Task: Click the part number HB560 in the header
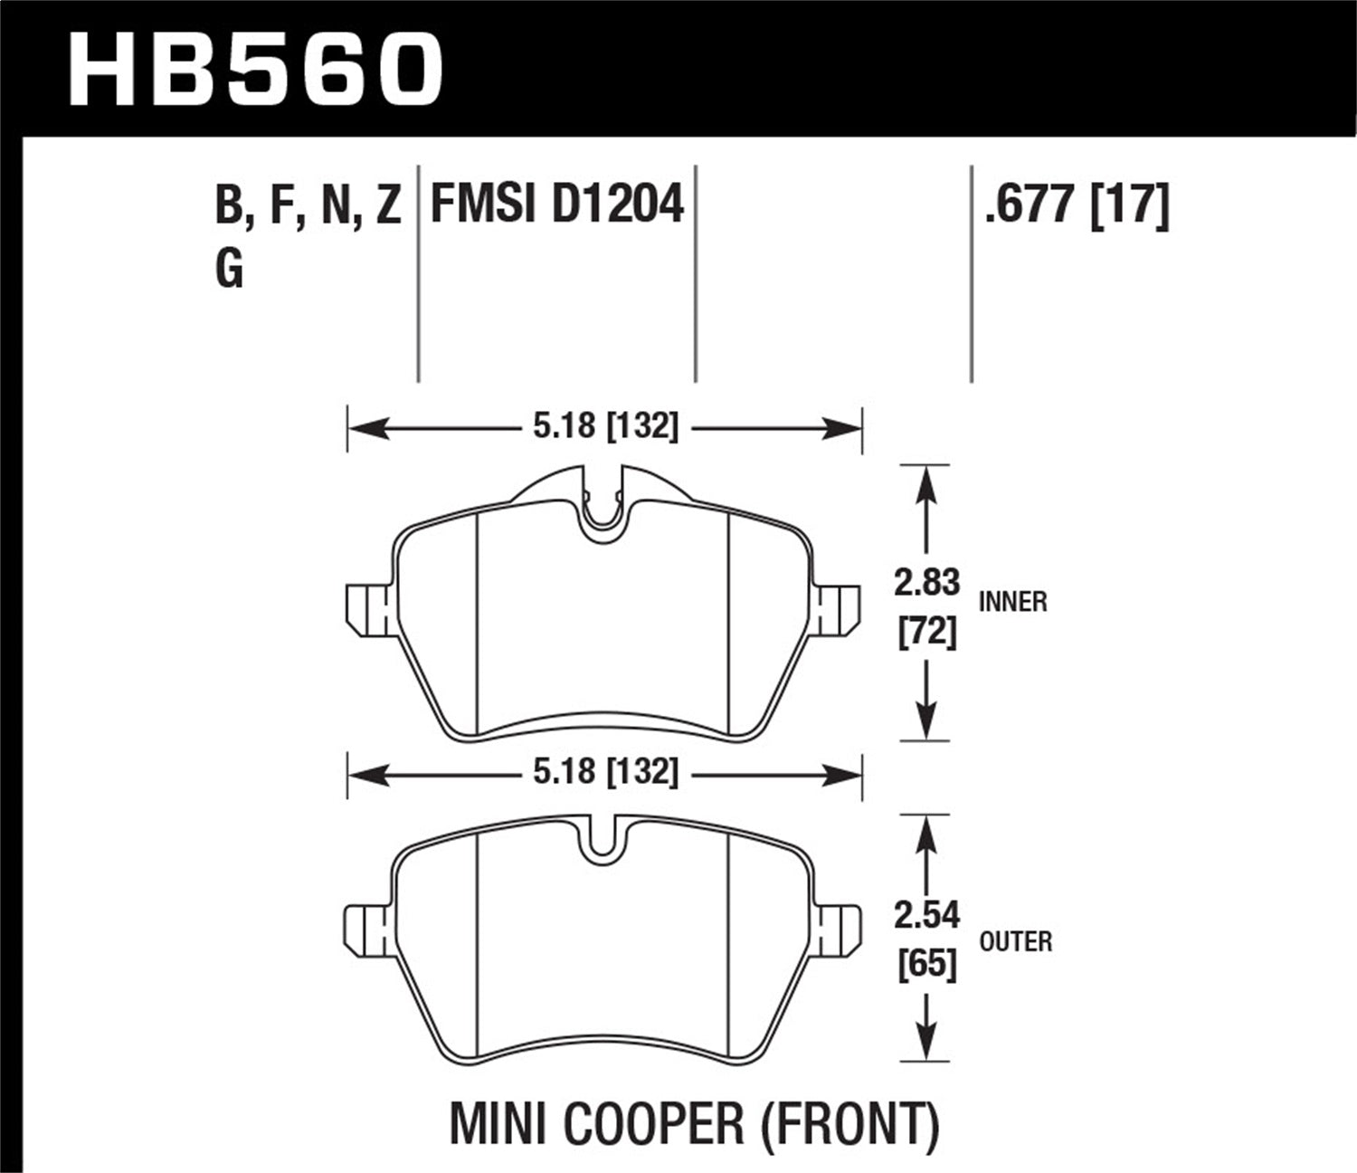tap(255, 69)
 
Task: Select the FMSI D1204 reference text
tap(556, 205)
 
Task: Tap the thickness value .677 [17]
tap(1077, 205)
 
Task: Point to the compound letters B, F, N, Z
tap(308, 206)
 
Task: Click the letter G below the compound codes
tap(230, 268)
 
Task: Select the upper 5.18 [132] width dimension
tap(604, 426)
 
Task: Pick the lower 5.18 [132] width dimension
tap(604, 772)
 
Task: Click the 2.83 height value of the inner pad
tap(926, 583)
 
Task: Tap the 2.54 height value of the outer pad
tap(926, 916)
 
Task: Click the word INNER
tap(1012, 602)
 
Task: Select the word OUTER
tap(1016, 942)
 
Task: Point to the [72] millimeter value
tap(926, 632)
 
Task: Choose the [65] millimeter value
tap(926, 965)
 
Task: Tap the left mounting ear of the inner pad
tap(367, 612)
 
